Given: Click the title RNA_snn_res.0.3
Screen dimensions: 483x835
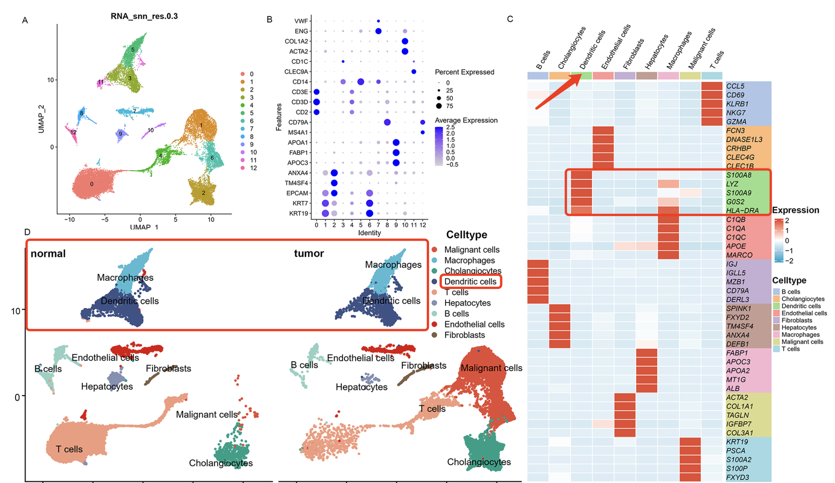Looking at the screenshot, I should click(144, 16).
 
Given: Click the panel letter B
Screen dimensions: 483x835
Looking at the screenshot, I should click(270, 19).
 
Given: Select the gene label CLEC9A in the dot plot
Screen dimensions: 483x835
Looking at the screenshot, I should click(296, 71).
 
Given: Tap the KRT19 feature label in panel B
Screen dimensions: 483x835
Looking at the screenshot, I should click(299, 213).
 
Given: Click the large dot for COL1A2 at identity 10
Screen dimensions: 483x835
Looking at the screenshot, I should click(405, 41).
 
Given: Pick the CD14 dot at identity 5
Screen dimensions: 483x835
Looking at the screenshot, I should click(361, 82).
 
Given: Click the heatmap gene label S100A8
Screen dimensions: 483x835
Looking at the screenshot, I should click(738, 175).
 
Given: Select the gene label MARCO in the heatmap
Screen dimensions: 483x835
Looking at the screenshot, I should click(739, 255).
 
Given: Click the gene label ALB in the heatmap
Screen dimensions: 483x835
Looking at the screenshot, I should click(733, 388).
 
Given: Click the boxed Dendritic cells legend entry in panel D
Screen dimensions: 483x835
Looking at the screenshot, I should click(470, 281).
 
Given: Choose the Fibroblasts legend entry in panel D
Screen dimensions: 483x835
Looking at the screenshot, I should click(464, 335).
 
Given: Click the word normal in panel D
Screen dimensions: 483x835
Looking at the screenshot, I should click(48, 253).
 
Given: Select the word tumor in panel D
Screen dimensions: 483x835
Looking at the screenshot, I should click(309, 253).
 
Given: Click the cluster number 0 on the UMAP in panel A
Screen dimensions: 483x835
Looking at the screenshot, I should click(92, 184).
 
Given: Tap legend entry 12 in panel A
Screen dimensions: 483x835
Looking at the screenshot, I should click(253, 168).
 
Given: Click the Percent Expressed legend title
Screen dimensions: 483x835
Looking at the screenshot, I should click(464, 72).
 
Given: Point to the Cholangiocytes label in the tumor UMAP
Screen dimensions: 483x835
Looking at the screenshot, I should click(479, 462).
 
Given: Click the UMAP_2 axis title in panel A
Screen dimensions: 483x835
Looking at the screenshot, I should click(41, 119).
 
